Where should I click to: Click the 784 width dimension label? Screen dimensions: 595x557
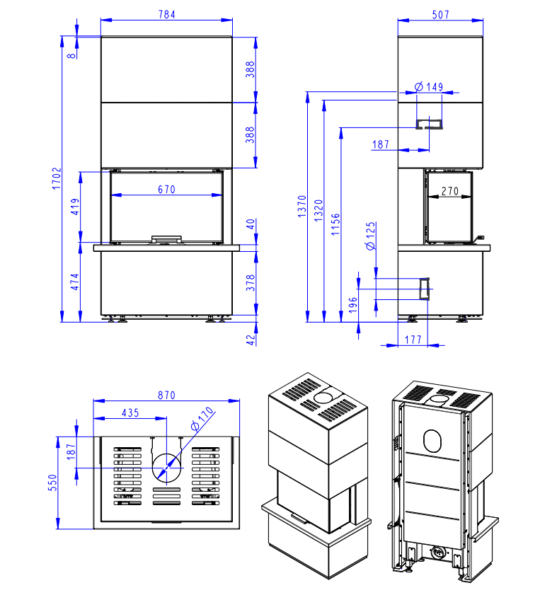[166, 14]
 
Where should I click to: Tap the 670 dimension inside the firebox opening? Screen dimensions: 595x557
[166, 189]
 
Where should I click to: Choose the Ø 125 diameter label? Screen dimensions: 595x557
[369, 236]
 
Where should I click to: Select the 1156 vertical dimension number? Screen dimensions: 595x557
[335, 226]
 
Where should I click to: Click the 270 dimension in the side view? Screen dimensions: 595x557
[451, 190]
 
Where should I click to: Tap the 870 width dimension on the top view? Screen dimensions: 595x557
[166, 395]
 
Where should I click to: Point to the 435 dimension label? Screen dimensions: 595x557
[130, 412]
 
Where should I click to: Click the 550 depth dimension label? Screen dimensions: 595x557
[52, 483]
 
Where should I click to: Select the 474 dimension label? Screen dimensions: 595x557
[74, 281]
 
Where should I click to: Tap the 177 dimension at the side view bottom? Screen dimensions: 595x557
[413, 340]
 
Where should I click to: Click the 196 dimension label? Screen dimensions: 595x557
[353, 304]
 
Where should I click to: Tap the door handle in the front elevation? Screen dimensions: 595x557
[167, 239]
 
